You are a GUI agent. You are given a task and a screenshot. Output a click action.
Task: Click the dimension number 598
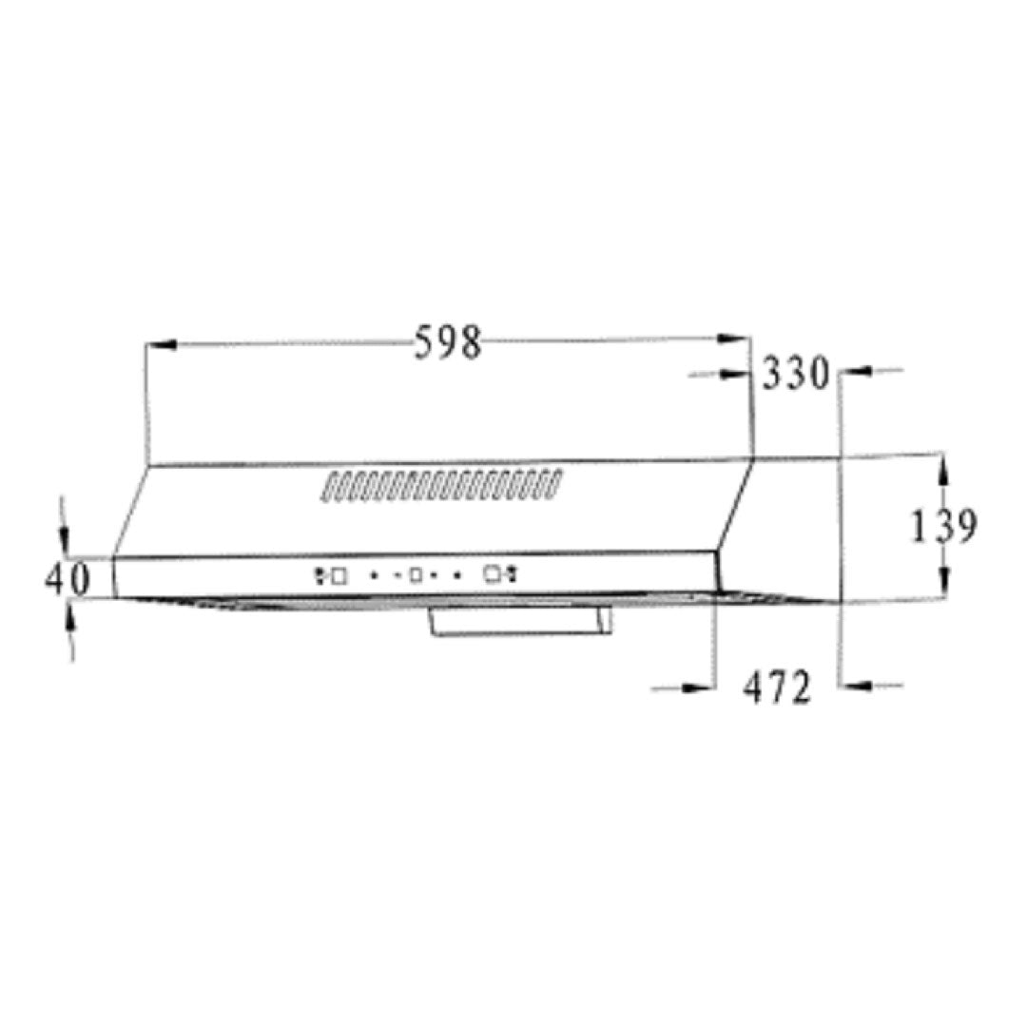pos(448,342)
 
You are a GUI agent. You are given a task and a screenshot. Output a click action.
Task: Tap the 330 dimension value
pos(796,374)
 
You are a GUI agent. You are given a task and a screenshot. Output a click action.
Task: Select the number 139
pos(943,527)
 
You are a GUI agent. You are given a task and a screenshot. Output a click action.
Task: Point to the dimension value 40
pos(67,578)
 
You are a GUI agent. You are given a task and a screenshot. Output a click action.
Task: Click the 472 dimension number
pos(777,688)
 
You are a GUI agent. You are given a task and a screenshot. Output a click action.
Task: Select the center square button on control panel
pos(416,574)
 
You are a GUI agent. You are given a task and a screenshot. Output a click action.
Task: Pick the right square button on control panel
pos(491,573)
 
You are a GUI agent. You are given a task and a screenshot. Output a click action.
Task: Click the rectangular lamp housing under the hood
pos(521,621)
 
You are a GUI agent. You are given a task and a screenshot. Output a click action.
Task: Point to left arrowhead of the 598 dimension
pos(162,344)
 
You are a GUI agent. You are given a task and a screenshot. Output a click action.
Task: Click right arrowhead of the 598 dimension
pos(734,339)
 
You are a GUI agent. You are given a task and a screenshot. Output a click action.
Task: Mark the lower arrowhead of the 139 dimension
pos(944,583)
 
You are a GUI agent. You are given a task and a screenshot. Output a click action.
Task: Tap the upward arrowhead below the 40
pos(69,619)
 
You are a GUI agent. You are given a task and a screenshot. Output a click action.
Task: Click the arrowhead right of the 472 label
pos(854,684)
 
